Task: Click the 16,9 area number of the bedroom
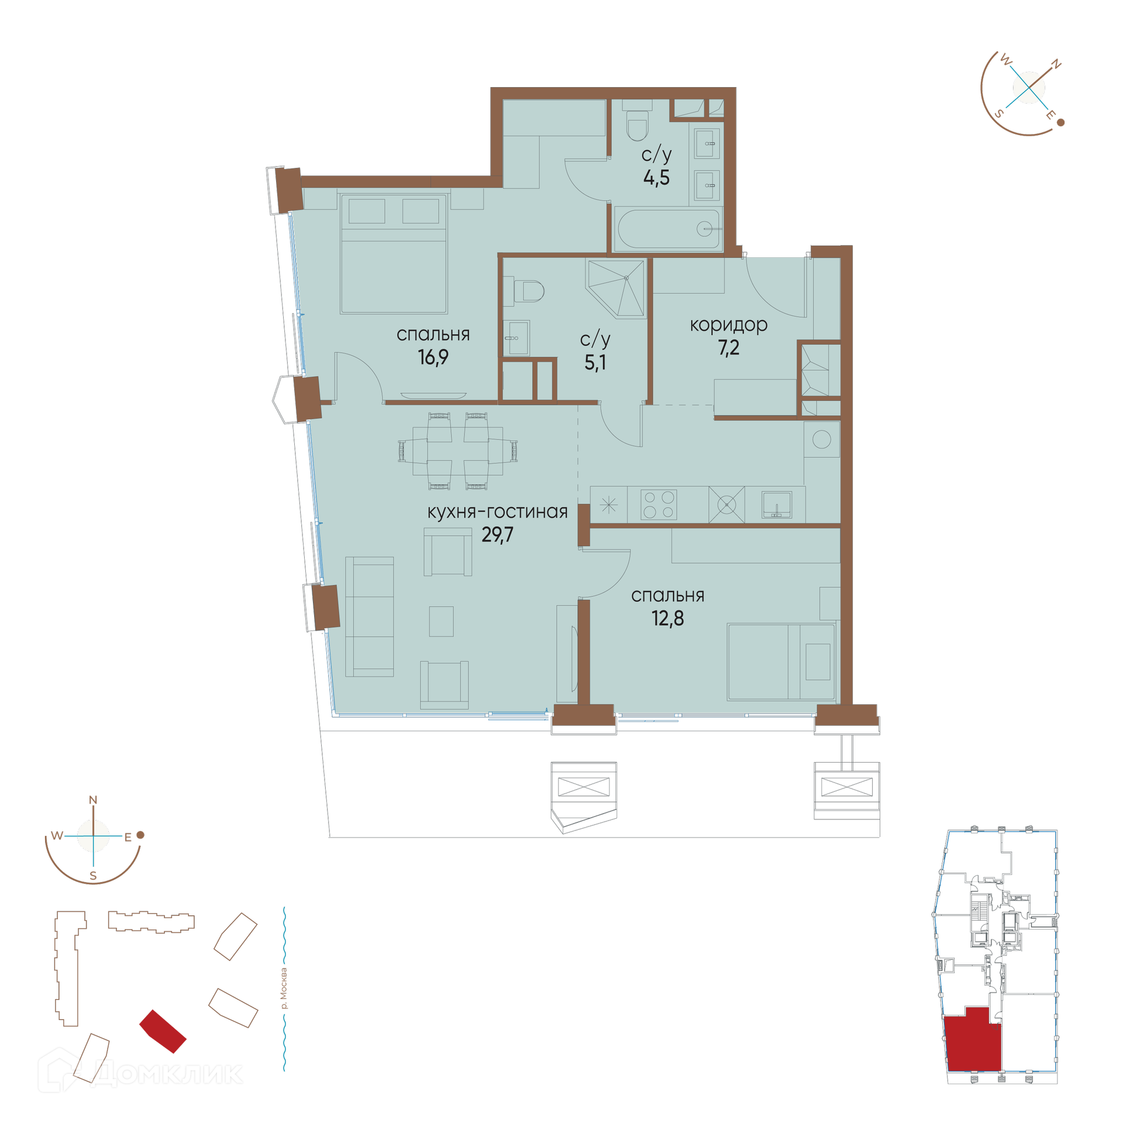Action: pos(433,357)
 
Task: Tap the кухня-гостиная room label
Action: pos(497,512)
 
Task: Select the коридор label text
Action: pos(728,325)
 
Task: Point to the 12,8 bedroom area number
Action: pos(667,618)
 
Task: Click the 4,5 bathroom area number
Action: pos(656,177)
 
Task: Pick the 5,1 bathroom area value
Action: pos(595,363)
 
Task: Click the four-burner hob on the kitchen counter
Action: pos(659,505)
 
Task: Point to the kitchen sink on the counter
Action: pos(777,505)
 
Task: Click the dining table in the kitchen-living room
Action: pos(457,451)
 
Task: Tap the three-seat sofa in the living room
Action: pos(370,616)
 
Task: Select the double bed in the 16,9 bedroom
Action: pos(394,254)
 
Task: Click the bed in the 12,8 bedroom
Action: pos(781,662)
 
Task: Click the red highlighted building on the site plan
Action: pos(163,1031)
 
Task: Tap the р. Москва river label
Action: pos(284,988)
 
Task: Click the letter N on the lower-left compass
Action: pos(93,800)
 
